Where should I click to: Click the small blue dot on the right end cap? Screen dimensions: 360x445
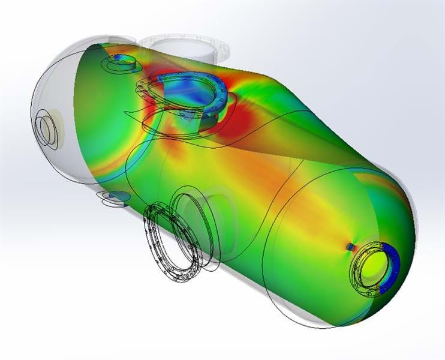click(350, 246)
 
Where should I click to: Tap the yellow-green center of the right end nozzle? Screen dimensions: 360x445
click(372, 266)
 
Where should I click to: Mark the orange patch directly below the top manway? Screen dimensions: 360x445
click(180, 144)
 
